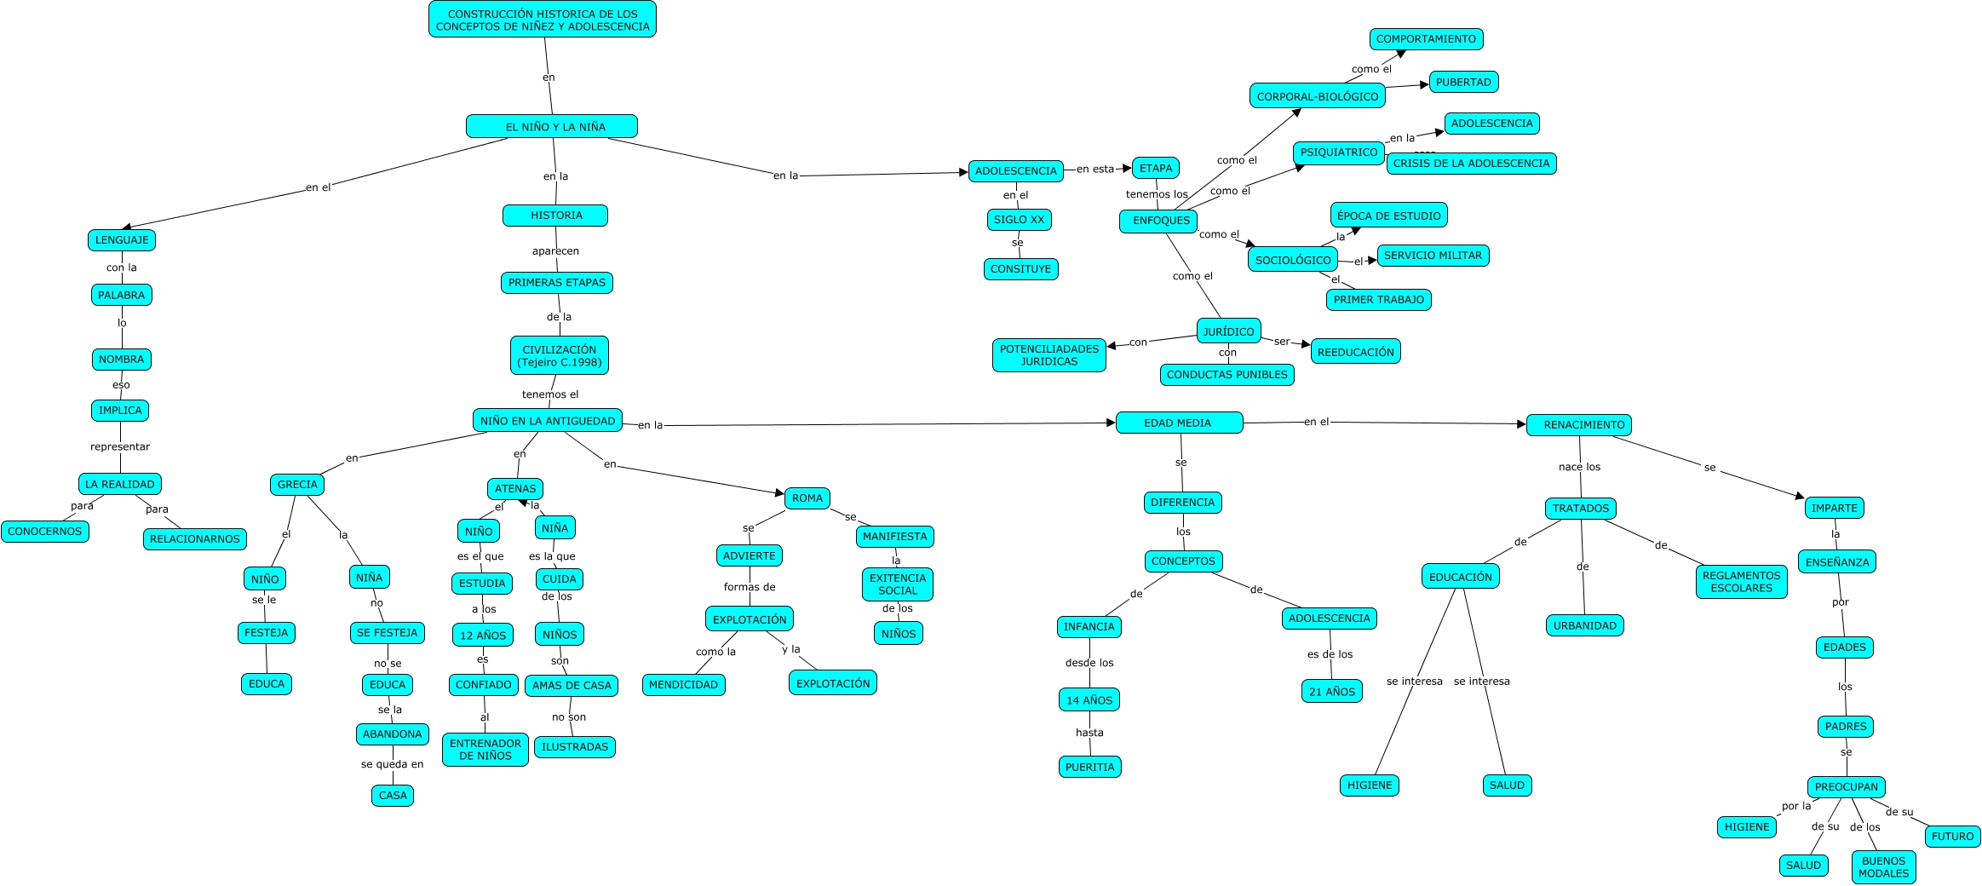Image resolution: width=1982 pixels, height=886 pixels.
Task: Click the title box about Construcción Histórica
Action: tap(543, 20)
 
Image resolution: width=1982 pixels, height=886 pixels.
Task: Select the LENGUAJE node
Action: tap(122, 240)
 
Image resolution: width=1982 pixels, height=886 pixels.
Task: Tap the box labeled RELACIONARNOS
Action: tap(195, 539)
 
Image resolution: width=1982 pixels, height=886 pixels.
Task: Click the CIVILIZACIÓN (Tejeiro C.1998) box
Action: tap(560, 356)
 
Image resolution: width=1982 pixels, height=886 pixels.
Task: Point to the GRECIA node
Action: tap(297, 485)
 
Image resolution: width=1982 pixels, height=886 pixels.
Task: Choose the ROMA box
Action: tap(807, 498)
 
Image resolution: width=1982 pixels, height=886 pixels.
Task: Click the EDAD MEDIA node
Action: tap(1178, 423)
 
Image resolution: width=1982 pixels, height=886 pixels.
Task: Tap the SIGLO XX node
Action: tap(1019, 220)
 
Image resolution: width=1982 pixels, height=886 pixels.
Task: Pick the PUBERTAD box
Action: tap(1463, 83)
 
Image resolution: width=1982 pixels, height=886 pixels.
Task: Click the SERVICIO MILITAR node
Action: tap(1433, 256)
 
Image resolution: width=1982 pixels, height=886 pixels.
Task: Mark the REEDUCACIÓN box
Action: tap(1355, 352)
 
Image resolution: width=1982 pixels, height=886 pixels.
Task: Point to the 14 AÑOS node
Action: tap(1089, 700)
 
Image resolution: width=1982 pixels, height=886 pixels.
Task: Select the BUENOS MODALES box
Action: tap(1883, 867)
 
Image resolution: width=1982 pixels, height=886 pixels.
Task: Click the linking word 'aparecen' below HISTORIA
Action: tap(555, 251)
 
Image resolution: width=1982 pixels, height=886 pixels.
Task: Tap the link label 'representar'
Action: tap(120, 447)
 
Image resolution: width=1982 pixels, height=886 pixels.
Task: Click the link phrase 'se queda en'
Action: tap(392, 765)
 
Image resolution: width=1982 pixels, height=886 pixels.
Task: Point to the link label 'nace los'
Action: tap(1579, 467)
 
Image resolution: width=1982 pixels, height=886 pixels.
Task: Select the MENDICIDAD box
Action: tap(683, 685)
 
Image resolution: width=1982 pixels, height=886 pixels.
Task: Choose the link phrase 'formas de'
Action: tap(750, 587)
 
